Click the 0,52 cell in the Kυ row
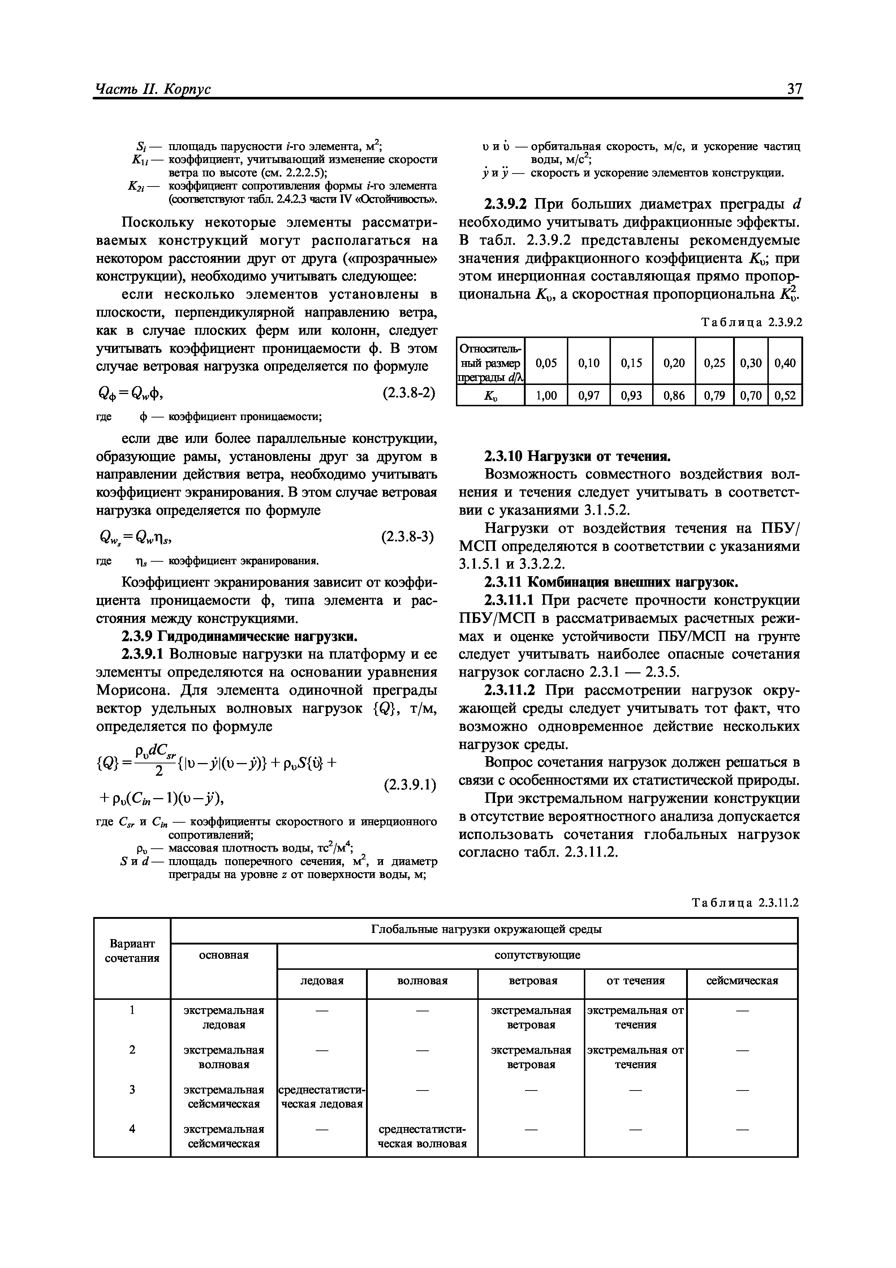785,395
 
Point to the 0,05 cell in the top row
546,363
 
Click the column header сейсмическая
742,981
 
